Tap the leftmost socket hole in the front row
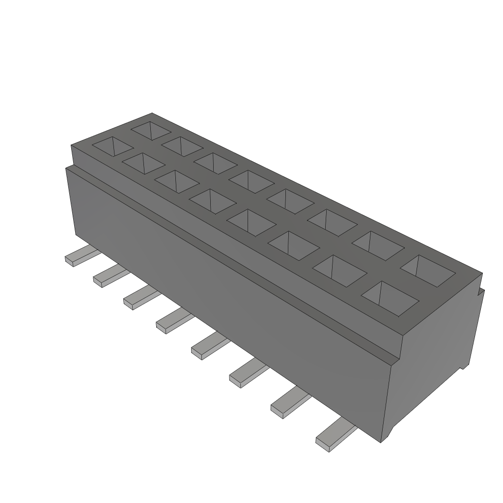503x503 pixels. pyautogui.click(x=113, y=146)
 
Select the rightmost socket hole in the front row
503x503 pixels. pyautogui.click(x=390, y=297)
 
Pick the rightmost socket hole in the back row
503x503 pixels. pyautogui.click(x=429, y=270)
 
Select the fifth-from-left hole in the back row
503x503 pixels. pyautogui.click(x=291, y=201)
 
